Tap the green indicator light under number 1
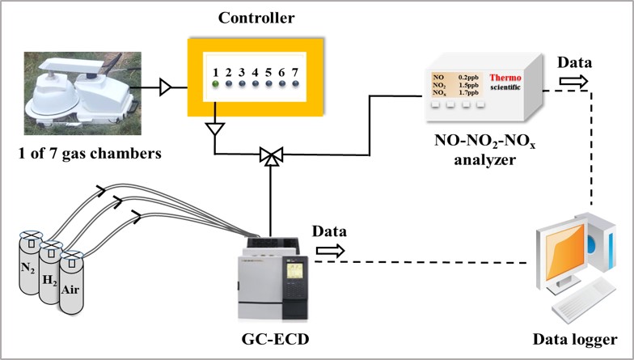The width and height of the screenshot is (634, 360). [216, 84]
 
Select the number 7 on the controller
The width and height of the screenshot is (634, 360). [294, 72]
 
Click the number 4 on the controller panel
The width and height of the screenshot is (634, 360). [255, 72]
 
